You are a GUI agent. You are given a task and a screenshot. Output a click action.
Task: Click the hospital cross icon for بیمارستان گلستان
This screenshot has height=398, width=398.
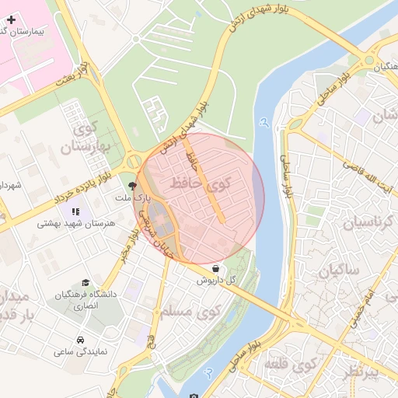11,18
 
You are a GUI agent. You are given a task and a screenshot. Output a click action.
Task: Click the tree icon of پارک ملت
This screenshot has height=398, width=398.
131,186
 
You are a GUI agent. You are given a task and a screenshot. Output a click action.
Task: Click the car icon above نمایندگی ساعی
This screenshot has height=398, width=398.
81,340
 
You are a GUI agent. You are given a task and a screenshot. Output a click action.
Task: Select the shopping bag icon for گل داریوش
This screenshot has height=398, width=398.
215,268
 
